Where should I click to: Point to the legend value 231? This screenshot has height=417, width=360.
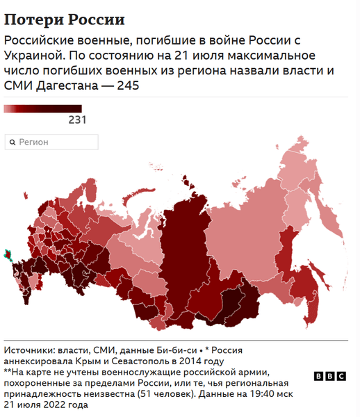pyautogui.click(x=77, y=120)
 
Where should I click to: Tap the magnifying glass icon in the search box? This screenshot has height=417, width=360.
pyautogui.click(x=12, y=142)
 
